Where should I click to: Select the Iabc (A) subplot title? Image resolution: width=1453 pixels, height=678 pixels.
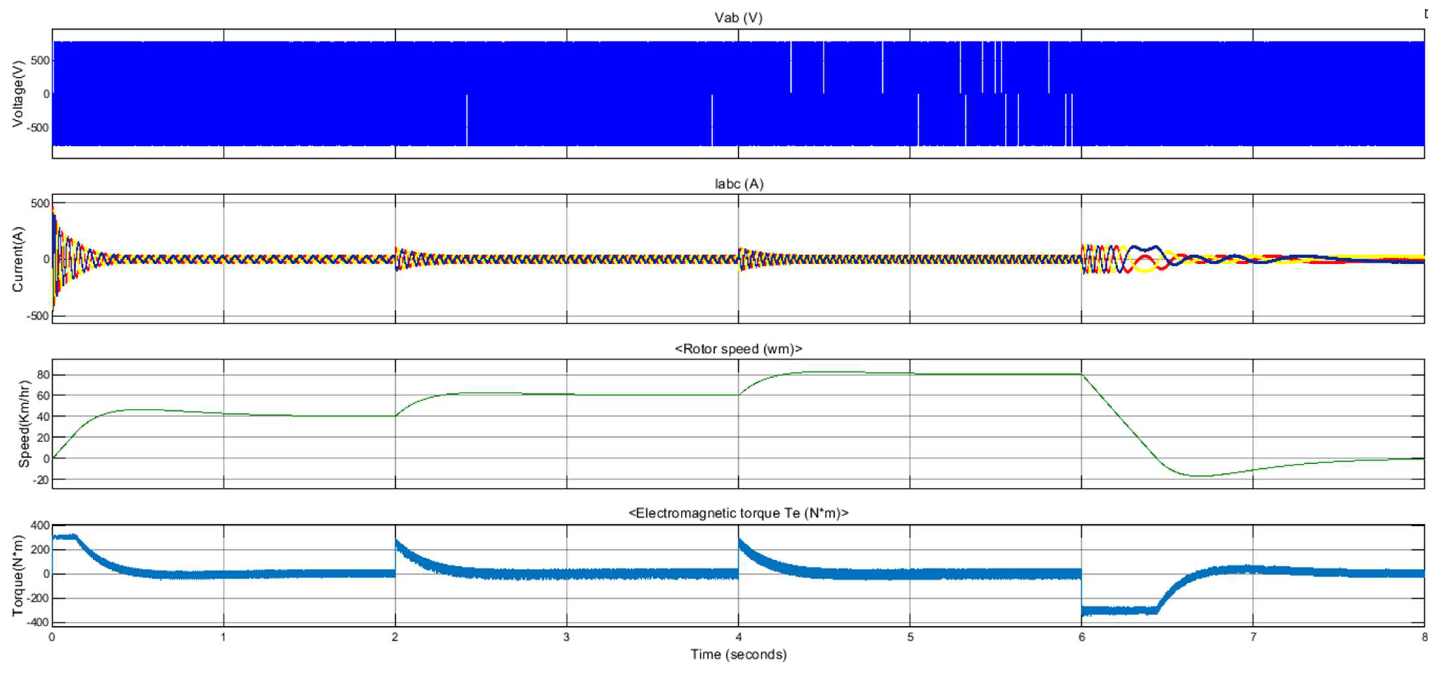pos(738,184)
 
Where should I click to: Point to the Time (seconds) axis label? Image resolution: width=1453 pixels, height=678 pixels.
pos(738,655)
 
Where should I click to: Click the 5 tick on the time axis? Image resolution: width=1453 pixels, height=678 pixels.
pos(910,637)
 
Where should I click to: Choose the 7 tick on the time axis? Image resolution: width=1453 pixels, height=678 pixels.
pos(1253,637)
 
